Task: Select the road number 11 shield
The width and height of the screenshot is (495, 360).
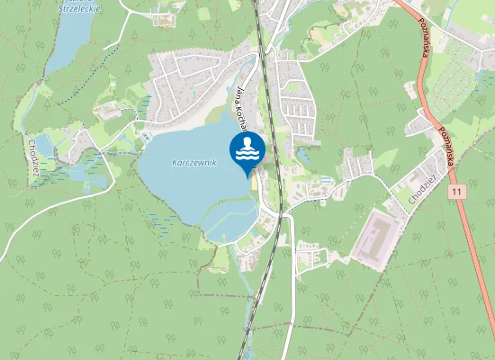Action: [x=458, y=192]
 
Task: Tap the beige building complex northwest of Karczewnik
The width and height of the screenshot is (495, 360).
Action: [x=107, y=111]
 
